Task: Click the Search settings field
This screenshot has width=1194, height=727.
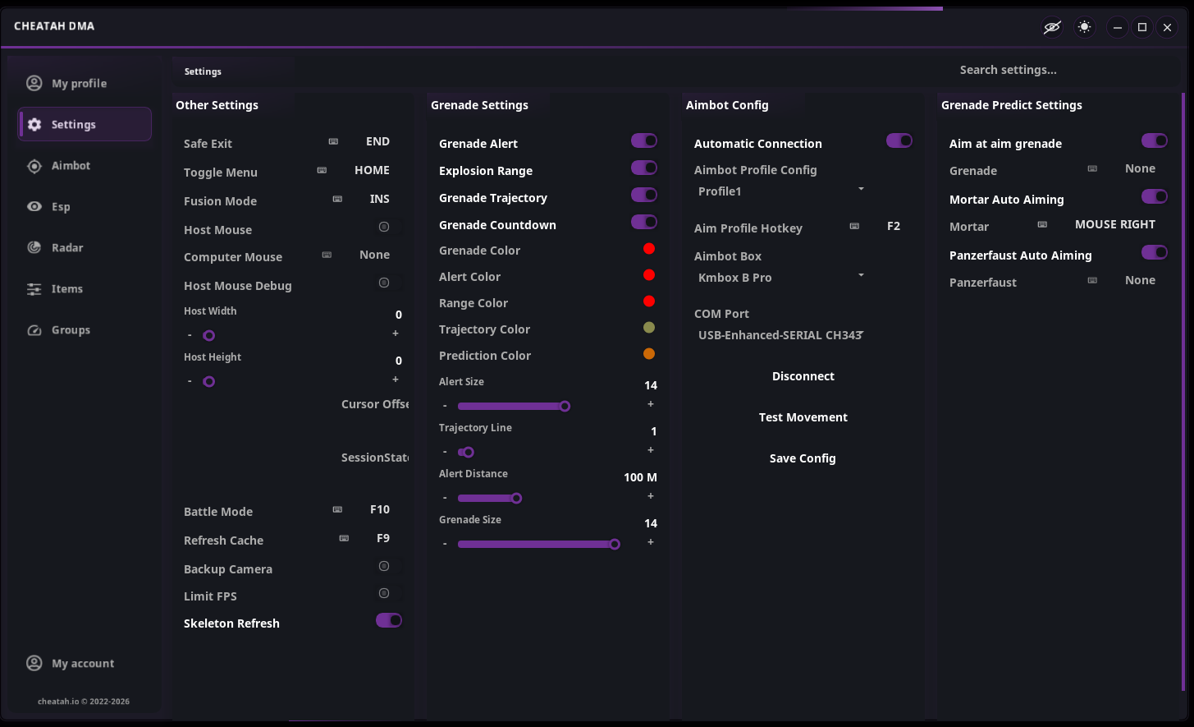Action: coord(1008,70)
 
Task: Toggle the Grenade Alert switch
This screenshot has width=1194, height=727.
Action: coord(644,141)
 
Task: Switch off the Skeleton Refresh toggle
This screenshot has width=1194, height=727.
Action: coord(389,620)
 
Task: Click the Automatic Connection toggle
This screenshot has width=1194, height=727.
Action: coord(899,141)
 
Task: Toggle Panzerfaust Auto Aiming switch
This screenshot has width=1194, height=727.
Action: coord(1155,252)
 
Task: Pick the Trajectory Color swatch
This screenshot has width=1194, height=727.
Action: coord(649,327)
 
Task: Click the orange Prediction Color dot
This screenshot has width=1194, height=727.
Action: coord(649,353)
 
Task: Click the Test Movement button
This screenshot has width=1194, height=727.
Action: coord(803,417)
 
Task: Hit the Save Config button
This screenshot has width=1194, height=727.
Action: coord(803,458)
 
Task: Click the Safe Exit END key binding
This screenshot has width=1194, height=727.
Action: coord(377,141)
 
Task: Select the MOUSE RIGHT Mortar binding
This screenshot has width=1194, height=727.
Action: coord(1115,225)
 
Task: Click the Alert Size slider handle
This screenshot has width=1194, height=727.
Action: coord(565,406)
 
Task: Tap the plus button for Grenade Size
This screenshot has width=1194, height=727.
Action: coord(650,542)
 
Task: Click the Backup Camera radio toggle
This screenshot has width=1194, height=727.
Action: coord(384,566)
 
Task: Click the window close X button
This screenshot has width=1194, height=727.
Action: coord(1167,27)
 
